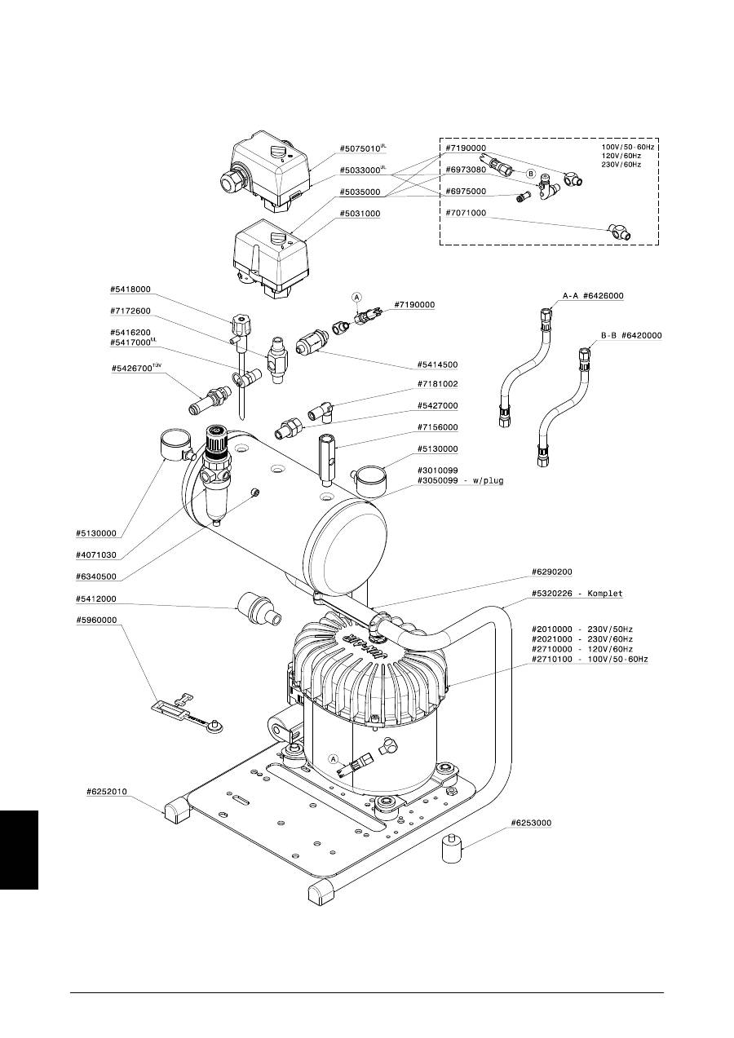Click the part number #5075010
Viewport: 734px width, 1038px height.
[x=359, y=149]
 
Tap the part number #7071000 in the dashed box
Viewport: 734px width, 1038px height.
[x=466, y=214]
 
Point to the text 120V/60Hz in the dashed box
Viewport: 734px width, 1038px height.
[x=621, y=157]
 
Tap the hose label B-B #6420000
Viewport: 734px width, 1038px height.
[x=631, y=335]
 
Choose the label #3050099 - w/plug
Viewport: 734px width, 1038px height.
[x=460, y=481]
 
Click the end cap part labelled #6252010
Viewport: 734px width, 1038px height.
[x=176, y=812]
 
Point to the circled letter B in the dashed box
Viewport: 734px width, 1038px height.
[x=529, y=174]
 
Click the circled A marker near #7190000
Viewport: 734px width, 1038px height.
[x=356, y=298]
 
